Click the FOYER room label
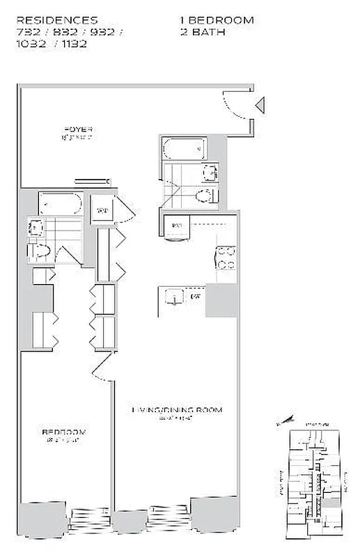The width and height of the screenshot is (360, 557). click(78, 130)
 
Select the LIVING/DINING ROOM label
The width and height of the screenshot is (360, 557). click(178, 410)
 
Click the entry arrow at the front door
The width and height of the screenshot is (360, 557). click(260, 106)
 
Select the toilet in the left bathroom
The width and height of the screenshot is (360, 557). click(39, 250)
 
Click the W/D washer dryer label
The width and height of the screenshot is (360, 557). click(102, 210)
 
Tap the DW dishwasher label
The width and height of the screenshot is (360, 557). click(196, 297)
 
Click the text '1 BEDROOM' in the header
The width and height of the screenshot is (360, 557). click(217, 21)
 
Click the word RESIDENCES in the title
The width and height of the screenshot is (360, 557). click(57, 21)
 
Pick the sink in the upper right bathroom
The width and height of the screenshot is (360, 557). click(210, 173)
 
